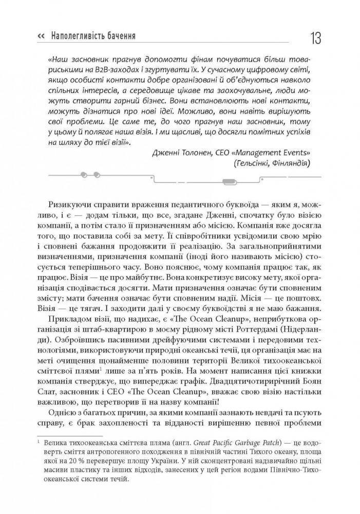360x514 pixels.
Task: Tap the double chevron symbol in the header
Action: pos(42,36)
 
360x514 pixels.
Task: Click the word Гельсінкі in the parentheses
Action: pos(255,164)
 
